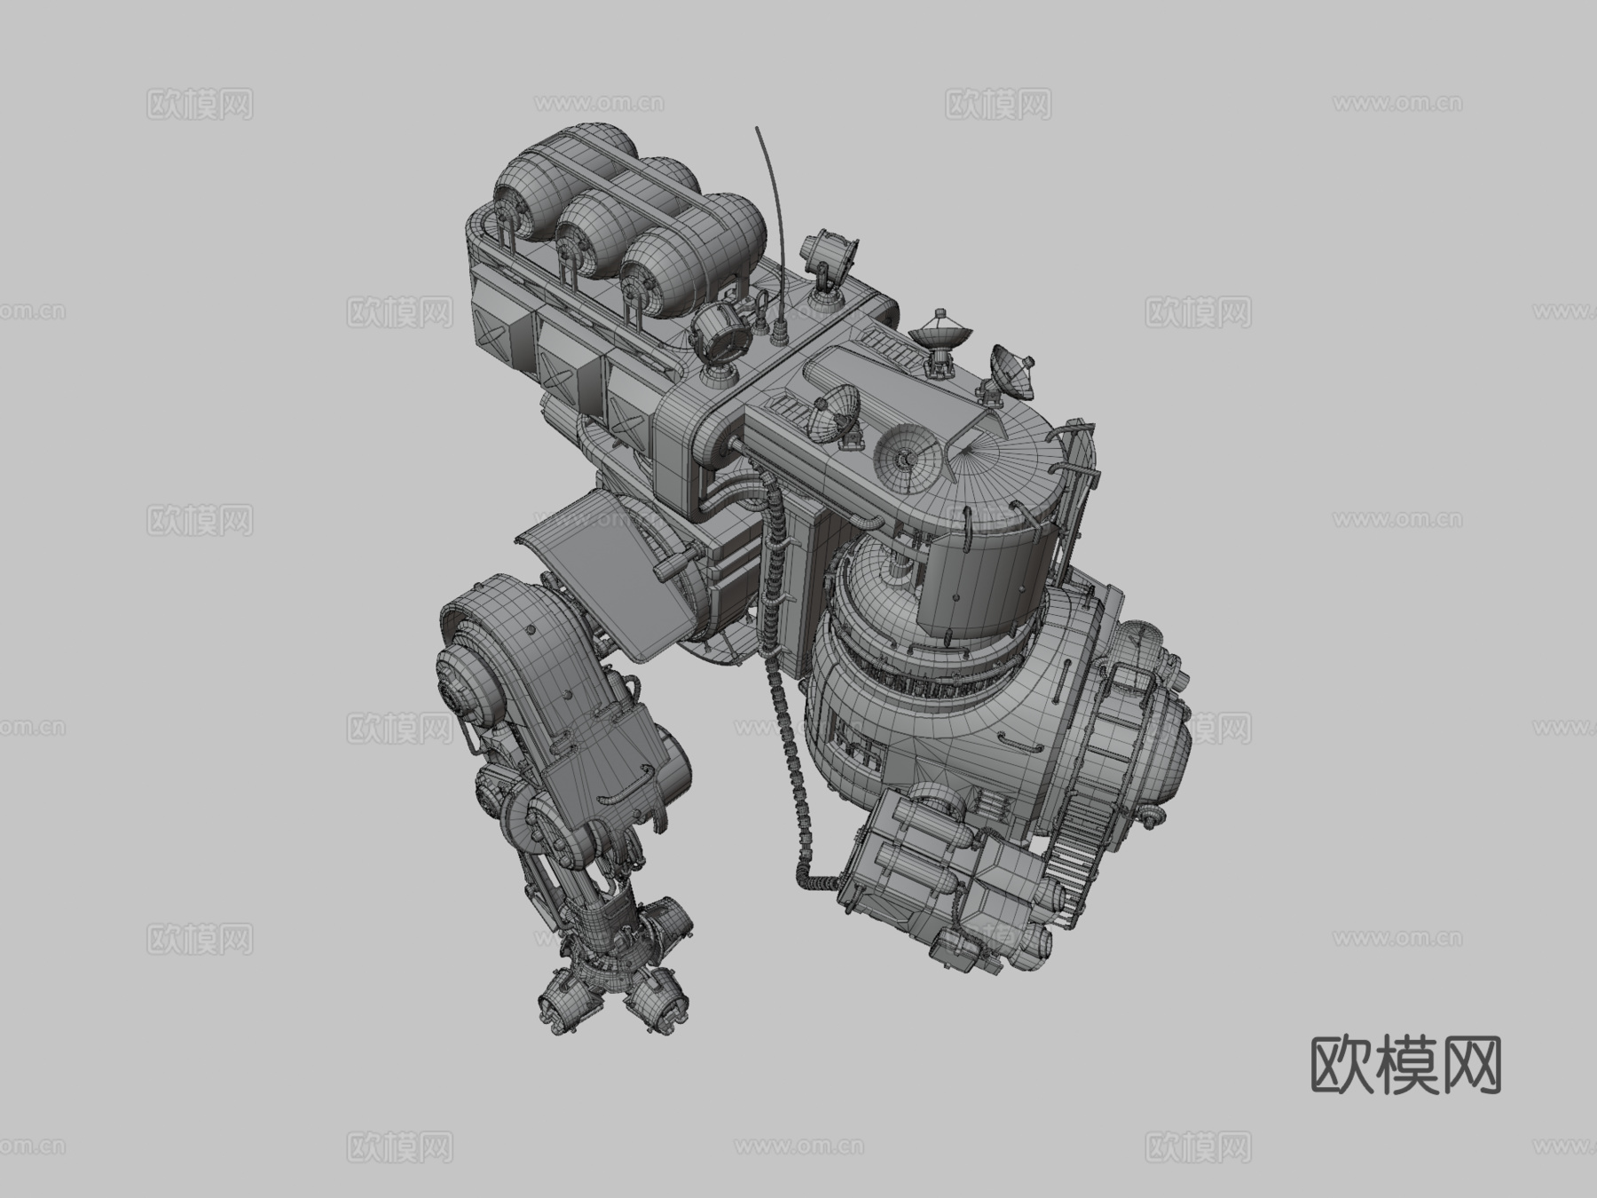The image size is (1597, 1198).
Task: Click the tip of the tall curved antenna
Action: point(757,127)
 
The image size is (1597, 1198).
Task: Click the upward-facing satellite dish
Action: point(941,335)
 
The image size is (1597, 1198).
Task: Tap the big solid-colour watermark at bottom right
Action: point(1405,1065)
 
